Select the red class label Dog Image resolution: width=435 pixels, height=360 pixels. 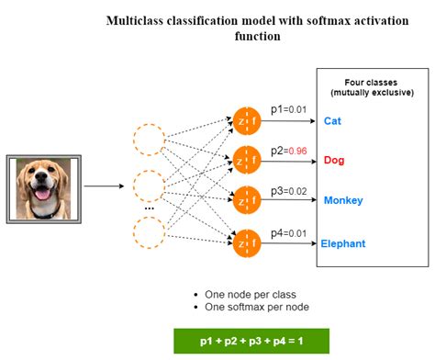(334, 160)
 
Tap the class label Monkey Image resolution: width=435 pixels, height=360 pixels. (343, 200)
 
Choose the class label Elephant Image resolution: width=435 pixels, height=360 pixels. (343, 243)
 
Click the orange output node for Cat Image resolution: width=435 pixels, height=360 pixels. (248, 120)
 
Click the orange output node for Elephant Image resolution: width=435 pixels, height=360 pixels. (248, 243)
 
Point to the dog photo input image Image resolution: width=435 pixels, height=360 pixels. (43, 188)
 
